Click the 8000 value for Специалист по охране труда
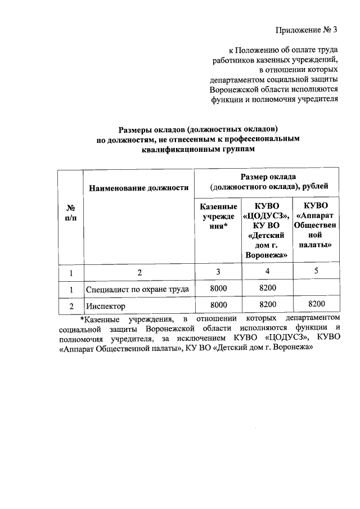[218, 289]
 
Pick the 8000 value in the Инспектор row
[218, 305]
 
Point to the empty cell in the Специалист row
[316, 289]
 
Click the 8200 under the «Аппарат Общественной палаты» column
[316, 304]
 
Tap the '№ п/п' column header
[71, 214]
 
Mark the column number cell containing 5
[316, 271]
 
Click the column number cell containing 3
[218, 272]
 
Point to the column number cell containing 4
[267, 272]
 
